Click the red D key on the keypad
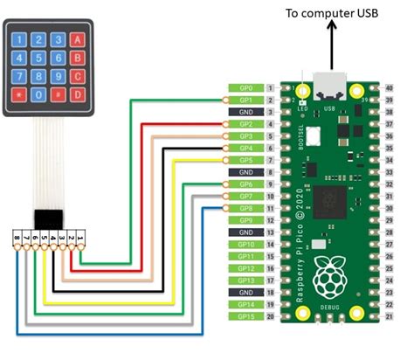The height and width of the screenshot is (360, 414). tap(79, 92)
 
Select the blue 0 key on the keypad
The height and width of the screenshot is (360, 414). tap(37, 92)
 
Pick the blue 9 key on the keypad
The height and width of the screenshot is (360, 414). tap(58, 77)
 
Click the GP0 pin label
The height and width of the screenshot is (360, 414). tap(245, 88)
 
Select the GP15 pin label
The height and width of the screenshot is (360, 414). tap(245, 315)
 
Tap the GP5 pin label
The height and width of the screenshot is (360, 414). tap(245, 161)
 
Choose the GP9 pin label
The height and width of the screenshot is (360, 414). tap(245, 220)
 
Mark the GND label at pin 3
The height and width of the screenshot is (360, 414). tap(245, 113)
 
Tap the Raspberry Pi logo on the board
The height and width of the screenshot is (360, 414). tap(329, 274)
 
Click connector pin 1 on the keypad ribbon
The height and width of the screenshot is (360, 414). tap(80, 237)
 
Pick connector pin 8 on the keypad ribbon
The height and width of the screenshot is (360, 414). tap(17, 237)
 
